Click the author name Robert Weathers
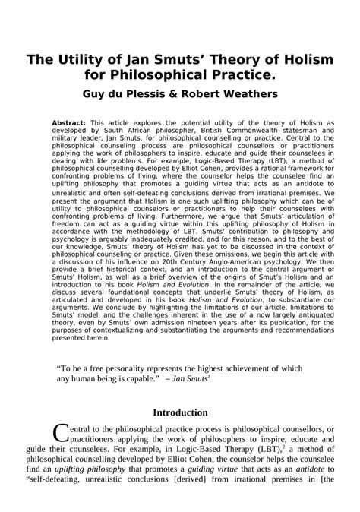[x=235, y=96]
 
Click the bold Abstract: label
[x=69, y=122]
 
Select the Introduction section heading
[x=181, y=412]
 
